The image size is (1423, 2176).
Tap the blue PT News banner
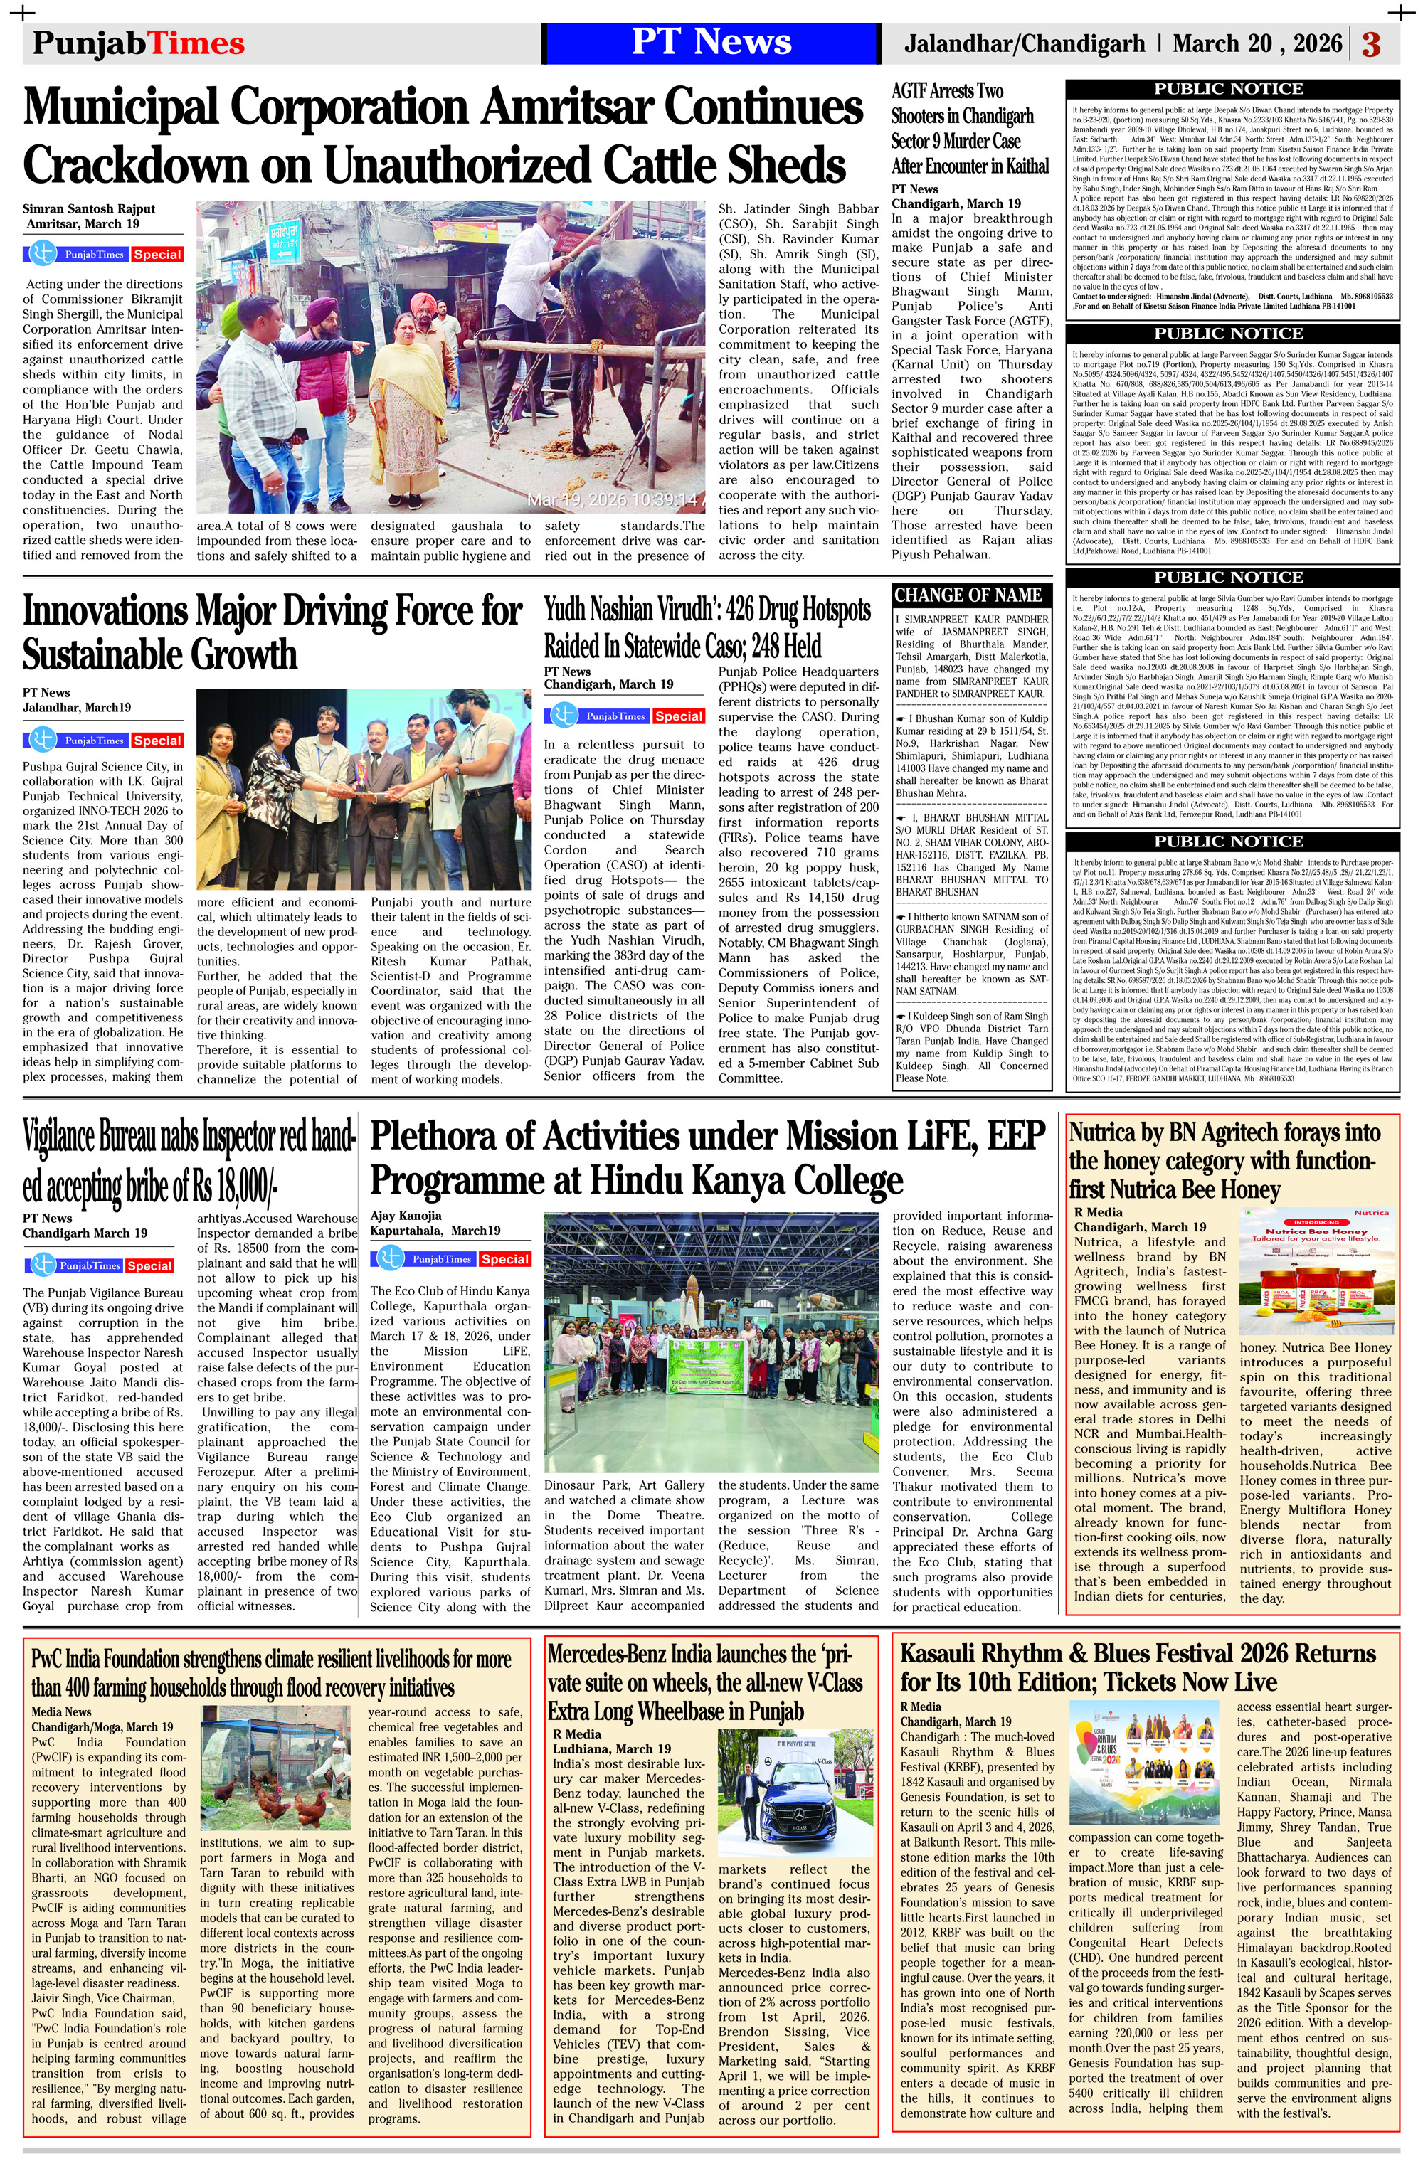pyautogui.click(x=711, y=43)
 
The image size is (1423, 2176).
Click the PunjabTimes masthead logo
pyautogui.click(x=138, y=43)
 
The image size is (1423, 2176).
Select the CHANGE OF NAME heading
pyautogui.click(x=968, y=595)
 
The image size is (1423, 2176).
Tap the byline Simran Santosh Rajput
pyautogui.click(x=89, y=208)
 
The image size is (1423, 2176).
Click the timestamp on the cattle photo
pyautogui.click(x=612, y=499)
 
